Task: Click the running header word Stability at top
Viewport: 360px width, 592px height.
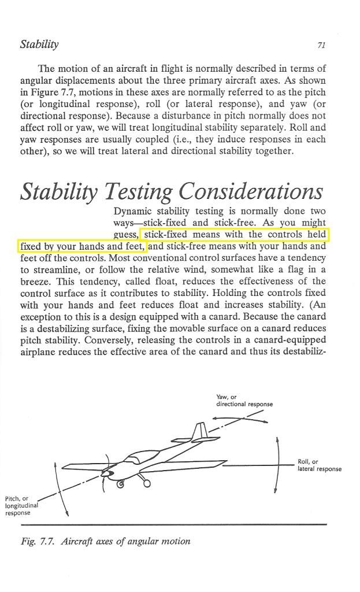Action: pos(39,44)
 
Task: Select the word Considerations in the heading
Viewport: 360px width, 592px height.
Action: pos(250,191)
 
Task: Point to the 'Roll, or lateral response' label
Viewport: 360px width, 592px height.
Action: pos(318,465)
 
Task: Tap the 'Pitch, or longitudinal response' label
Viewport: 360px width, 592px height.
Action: pos(21,505)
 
